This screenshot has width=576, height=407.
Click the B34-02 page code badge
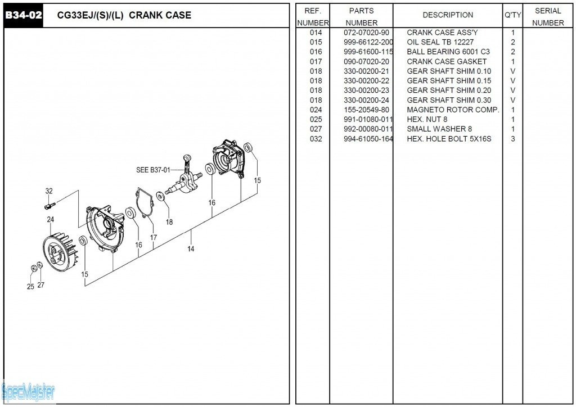tap(24, 15)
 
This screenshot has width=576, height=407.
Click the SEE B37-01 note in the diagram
tap(152, 169)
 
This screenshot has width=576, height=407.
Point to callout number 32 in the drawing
tap(49, 191)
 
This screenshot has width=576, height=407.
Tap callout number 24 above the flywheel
tap(51, 219)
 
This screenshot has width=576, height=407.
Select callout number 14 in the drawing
tap(191, 248)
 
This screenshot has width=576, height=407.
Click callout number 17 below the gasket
tap(154, 238)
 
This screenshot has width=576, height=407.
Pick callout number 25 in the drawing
tap(30, 287)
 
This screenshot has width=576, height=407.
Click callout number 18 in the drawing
tap(169, 222)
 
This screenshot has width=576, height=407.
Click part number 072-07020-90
tap(366, 33)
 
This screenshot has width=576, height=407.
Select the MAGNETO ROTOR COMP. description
tap(452, 110)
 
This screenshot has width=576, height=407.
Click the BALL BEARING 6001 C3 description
tap(448, 52)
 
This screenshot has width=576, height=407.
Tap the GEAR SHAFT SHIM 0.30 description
tap(448, 100)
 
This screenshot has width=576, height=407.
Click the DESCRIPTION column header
tap(448, 15)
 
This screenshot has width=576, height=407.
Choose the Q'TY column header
tap(512, 15)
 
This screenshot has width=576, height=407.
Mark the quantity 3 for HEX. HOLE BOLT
tap(512, 139)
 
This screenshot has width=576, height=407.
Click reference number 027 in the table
tap(316, 129)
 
